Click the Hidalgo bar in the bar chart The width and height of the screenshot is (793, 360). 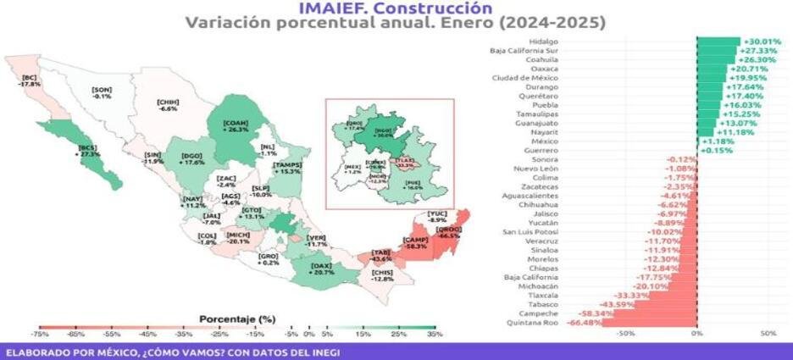tap(718, 41)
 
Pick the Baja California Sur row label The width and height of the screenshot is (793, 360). tap(524, 50)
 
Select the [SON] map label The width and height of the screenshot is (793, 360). tap(102, 92)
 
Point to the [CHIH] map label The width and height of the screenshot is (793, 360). tap(167, 105)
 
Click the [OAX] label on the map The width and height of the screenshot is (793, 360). tap(320, 270)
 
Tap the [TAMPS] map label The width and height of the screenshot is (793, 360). tap(287, 168)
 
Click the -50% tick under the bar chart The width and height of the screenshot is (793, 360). tap(625, 334)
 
